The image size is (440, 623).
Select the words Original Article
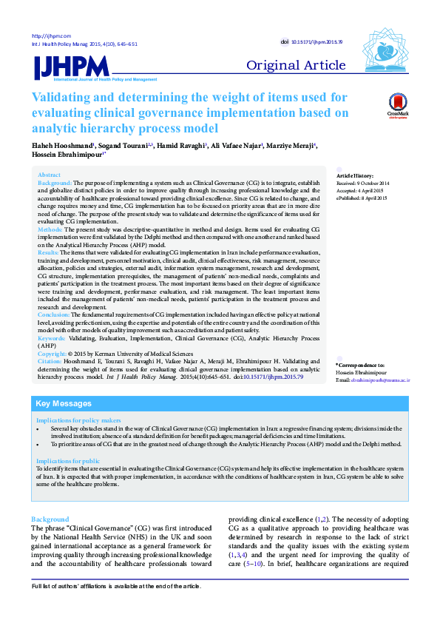click(x=296, y=66)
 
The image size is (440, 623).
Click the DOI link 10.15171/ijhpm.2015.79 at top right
click(x=324, y=43)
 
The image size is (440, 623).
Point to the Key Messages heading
click(x=64, y=404)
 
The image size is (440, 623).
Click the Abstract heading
click(x=50, y=175)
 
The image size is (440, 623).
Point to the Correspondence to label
click(x=360, y=366)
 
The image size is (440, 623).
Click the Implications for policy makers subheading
click(x=78, y=420)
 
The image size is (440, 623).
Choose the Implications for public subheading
click(x=68, y=461)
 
